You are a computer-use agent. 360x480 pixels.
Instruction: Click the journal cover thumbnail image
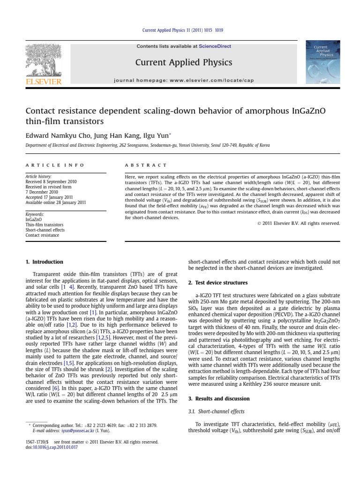(322, 62)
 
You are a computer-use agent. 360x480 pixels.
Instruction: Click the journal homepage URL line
(183, 81)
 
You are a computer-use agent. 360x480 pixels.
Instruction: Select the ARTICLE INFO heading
(55, 165)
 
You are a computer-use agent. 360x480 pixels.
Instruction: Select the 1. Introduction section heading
(44, 262)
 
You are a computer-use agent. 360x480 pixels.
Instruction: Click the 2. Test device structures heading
(217, 283)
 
